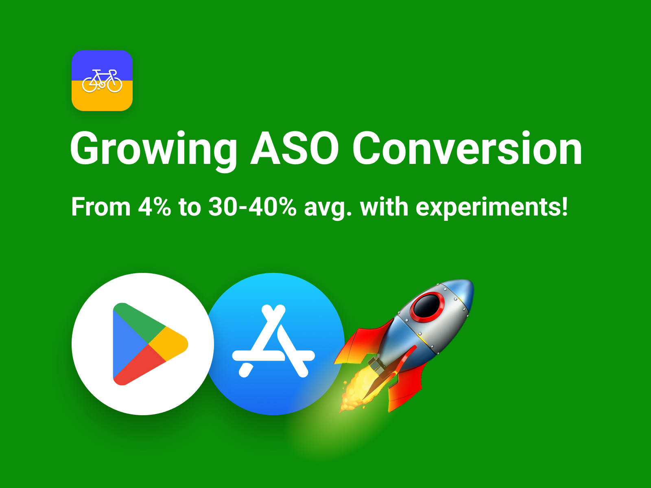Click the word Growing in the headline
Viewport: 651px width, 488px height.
click(153, 149)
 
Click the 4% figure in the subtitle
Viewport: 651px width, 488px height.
click(154, 207)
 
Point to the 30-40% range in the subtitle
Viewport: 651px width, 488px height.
click(252, 207)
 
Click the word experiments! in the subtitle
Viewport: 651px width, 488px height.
click(492, 208)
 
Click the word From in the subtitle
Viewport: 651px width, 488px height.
click(101, 207)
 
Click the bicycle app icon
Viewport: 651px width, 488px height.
click(102, 81)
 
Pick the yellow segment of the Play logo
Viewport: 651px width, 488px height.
click(171, 344)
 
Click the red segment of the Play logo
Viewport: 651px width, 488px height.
click(138, 366)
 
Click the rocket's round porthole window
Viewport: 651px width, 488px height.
click(427, 306)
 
